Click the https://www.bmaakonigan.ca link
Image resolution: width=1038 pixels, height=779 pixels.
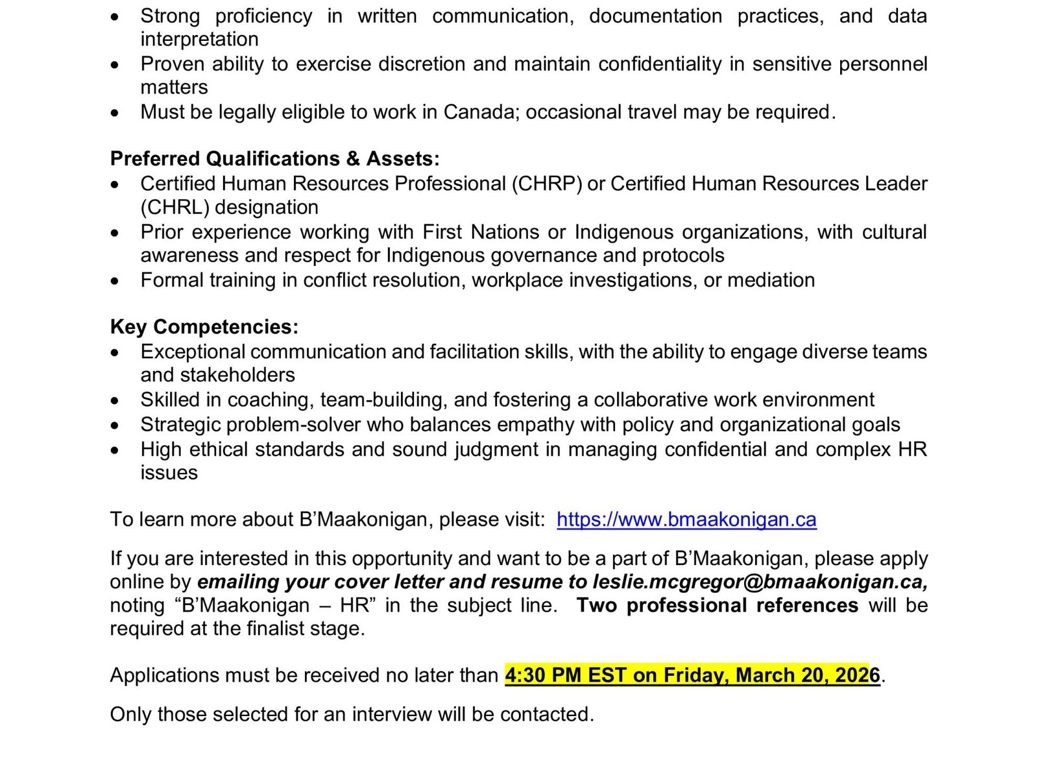pyautogui.click(x=686, y=520)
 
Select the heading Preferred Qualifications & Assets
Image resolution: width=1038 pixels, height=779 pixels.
pyautogui.click(x=274, y=159)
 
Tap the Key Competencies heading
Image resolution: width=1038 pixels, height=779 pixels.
pyautogui.click(x=204, y=327)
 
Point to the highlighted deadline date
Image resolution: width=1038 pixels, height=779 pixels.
pyautogui.click(x=692, y=675)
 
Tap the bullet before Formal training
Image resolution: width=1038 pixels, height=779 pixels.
pyautogui.click(x=115, y=282)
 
